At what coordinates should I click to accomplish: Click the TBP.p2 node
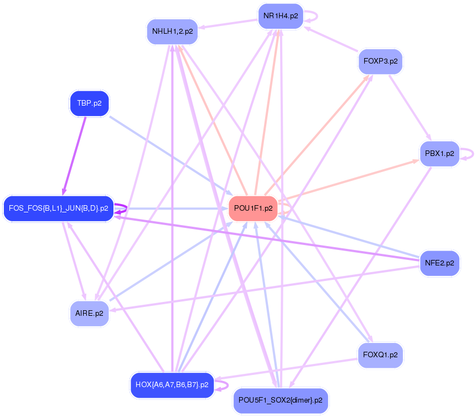click(x=89, y=103)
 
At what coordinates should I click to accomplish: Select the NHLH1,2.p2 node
click(x=172, y=32)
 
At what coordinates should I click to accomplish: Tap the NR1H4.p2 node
click(x=281, y=16)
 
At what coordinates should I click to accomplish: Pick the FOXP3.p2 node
click(x=380, y=61)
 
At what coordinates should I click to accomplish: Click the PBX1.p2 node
click(x=439, y=153)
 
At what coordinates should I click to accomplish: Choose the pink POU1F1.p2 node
click(x=253, y=208)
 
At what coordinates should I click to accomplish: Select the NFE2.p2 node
click(x=439, y=263)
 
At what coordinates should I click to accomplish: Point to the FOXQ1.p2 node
click(x=380, y=355)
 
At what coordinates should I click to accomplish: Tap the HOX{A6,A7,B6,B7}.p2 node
click(x=172, y=384)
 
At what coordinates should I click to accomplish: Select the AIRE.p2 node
click(x=89, y=314)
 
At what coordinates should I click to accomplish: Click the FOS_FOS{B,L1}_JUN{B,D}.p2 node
click(x=58, y=208)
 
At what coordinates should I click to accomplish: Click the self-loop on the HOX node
click(x=221, y=384)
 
